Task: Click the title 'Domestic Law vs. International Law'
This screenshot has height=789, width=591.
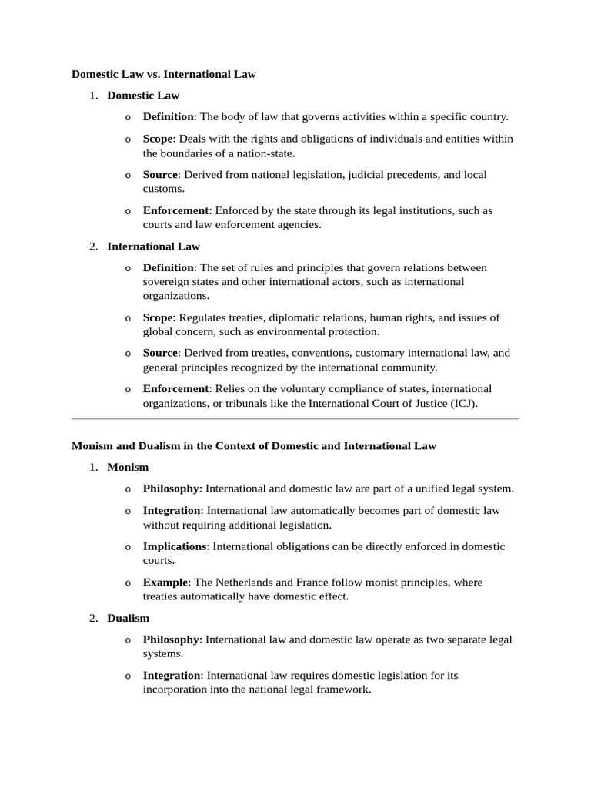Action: (163, 75)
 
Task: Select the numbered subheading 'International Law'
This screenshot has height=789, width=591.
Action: (153, 247)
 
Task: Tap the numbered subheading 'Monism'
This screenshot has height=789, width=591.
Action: (128, 467)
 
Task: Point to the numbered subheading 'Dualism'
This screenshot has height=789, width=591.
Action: (129, 618)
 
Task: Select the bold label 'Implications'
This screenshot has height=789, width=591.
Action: (175, 546)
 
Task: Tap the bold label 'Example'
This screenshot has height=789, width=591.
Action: (165, 583)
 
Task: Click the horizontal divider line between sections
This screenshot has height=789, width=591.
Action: (295, 419)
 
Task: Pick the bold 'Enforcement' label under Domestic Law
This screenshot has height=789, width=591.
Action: (175, 210)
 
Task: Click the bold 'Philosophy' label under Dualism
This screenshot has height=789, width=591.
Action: (171, 640)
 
